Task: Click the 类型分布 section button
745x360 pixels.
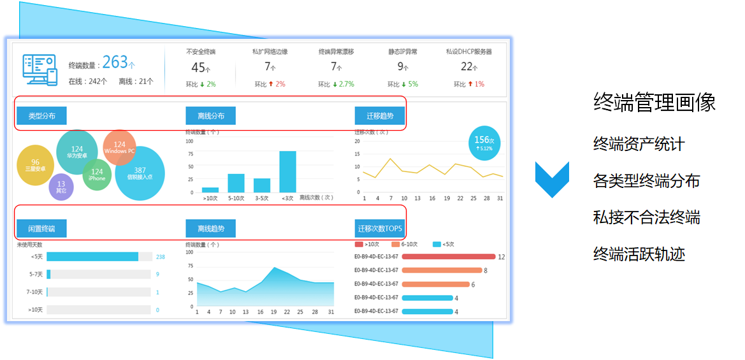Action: click(x=42, y=116)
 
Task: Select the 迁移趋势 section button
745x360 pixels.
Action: click(x=380, y=116)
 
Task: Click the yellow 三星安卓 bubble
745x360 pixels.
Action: click(x=35, y=165)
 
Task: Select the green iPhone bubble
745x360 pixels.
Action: click(x=97, y=175)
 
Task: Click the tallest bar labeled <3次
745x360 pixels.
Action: click(x=287, y=171)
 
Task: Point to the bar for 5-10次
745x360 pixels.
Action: click(x=236, y=183)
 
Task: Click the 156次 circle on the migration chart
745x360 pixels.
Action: click(x=484, y=143)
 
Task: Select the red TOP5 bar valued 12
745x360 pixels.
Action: click(x=425, y=257)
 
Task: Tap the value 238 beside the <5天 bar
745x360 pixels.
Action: click(x=160, y=257)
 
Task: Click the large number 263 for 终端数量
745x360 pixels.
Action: click(x=115, y=62)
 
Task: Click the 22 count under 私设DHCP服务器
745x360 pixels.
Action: click(x=467, y=67)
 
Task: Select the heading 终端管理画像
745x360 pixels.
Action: click(x=654, y=102)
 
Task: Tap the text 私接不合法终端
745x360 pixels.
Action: click(x=646, y=217)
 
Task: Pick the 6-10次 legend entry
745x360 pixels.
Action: click(x=406, y=244)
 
